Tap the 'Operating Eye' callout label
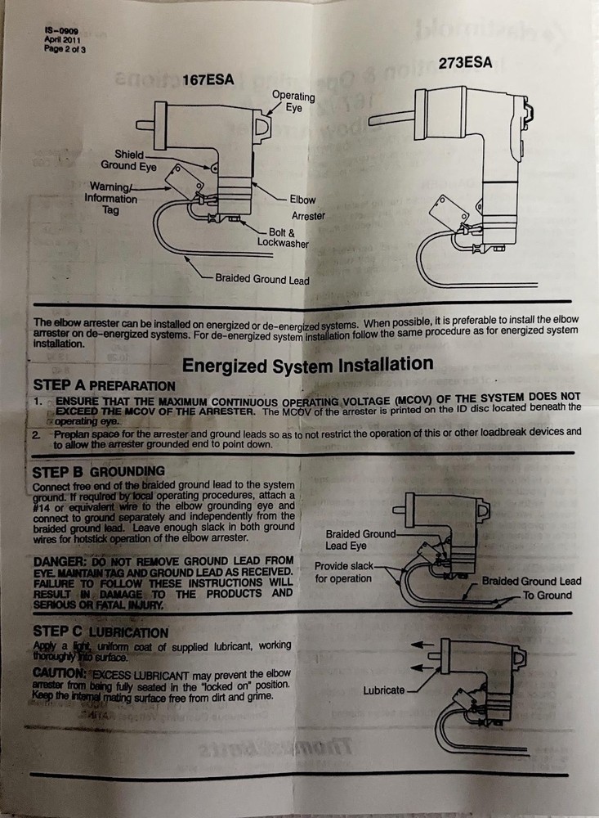(293, 101)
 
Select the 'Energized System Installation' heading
(307, 365)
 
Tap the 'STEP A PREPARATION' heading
(104, 384)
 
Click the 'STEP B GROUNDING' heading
(98, 472)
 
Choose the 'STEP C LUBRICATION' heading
(101, 632)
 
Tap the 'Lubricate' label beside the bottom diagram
(383, 690)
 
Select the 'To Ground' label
(547, 595)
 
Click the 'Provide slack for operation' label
(343, 573)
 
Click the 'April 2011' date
(62, 40)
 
